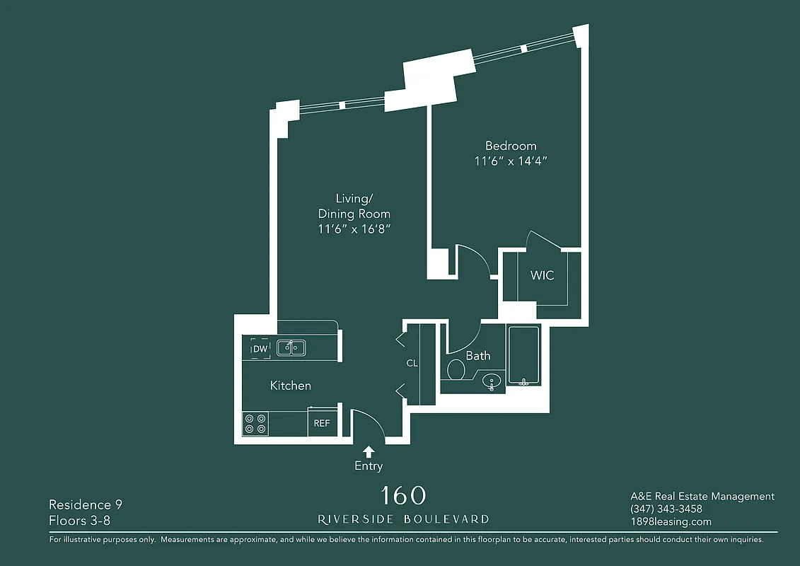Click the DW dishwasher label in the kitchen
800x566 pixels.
260,348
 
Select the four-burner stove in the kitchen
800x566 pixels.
255,424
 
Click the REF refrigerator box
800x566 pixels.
322,423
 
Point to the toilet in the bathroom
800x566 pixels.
456,369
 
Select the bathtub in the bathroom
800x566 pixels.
523,355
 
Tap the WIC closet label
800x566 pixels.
542,275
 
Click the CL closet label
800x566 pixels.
412,364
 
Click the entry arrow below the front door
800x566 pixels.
369,451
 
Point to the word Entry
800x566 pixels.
369,466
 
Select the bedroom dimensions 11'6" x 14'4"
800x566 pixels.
511,161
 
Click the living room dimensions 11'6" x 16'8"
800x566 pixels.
354,229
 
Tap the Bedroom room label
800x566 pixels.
511,146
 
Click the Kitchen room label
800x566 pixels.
291,386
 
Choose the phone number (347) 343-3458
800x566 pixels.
666,509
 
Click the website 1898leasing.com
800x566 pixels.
671,521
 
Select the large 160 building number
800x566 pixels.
403,495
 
